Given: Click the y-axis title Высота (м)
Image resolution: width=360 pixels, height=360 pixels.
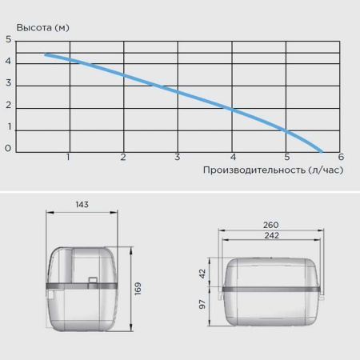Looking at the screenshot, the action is click(x=42, y=28).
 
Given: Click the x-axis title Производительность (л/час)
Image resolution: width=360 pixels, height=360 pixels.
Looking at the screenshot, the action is click(x=273, y=170).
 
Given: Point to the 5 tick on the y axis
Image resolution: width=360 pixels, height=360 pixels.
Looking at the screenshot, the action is click(x=9, y=39).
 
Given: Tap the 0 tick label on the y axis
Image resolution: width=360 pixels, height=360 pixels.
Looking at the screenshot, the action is click(x=8, y=148).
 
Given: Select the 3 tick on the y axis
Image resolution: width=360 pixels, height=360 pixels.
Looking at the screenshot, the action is click(x=9, y=83).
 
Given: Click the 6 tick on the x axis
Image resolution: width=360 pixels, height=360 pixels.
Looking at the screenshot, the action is click(x=341, y=157).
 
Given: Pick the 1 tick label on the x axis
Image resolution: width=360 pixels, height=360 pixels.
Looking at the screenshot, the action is click(x=68, y=157).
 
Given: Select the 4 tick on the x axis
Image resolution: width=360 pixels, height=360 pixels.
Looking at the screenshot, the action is click(x=233, y=157).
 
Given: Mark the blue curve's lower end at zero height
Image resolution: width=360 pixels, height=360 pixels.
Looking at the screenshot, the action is click(x=322, y=152).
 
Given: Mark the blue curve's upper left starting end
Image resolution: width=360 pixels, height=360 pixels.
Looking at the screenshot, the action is click(x=46, y=54).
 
